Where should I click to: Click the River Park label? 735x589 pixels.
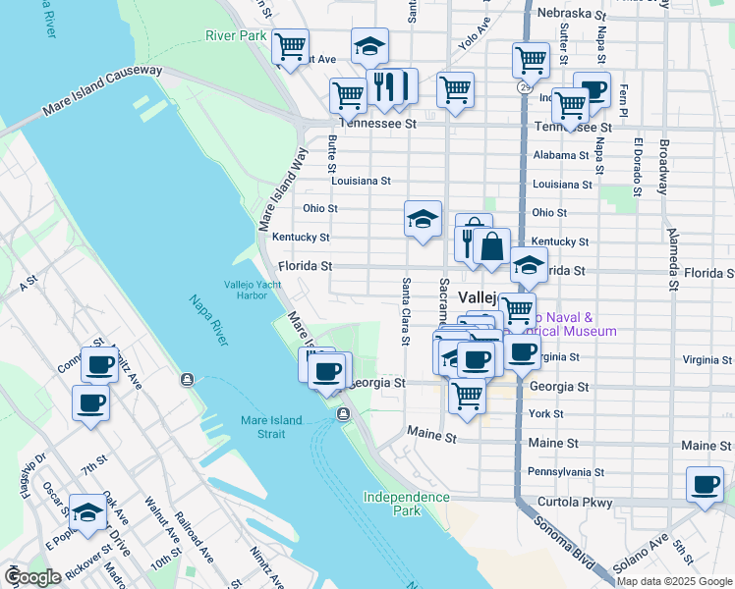point(236,35)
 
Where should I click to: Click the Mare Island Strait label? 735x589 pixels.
point(276,427)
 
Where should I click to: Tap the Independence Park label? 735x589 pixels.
point(406,504)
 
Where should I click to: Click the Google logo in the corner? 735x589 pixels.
point(31,577)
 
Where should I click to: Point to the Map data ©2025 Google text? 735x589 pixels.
point(674,580)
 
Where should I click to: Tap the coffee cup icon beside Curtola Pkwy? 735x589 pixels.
point(705,485)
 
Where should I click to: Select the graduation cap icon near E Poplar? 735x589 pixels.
point(87,512)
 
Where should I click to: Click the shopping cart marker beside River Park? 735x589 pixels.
point(291,45)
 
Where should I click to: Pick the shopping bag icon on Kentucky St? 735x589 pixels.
point(491,244)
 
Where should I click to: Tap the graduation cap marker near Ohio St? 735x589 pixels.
point(423,218)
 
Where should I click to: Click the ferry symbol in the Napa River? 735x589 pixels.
point(186,380)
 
